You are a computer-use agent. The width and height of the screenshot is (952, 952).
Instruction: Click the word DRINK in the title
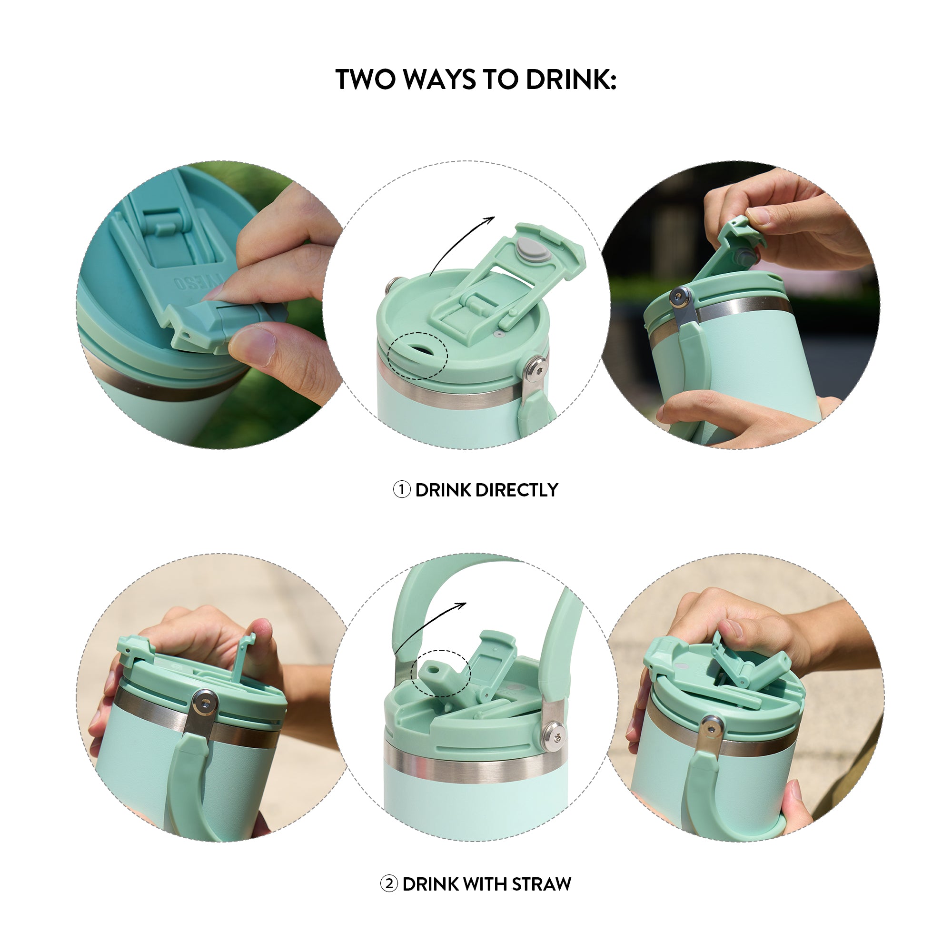click(x=571, y=79)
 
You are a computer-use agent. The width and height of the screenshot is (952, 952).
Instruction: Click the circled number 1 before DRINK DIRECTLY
click(x=401, y=490)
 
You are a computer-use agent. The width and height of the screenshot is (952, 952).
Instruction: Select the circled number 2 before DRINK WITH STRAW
click(x=388, y=884)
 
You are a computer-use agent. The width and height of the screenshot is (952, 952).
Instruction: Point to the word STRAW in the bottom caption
click(x=541, y=884)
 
